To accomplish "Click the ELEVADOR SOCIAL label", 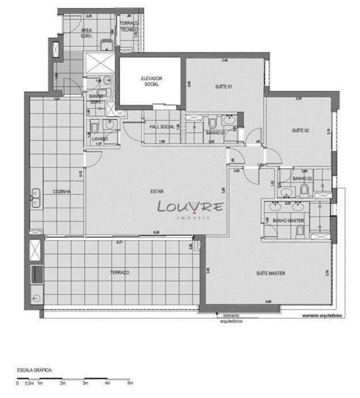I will pos(151,81).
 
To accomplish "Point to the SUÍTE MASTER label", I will pos(270,273).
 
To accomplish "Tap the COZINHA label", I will pos(62,191).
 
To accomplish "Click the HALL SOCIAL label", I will pos(162,127).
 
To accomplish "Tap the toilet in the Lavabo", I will pos(94,127).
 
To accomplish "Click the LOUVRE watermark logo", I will pos(190,207).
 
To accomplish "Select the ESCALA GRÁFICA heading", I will pos(35,370).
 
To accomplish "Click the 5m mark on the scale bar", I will pos(129,383).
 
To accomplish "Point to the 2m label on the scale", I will pos(62,383).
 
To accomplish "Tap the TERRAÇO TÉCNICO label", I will pos(129,27).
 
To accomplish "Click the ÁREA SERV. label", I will pos(87,33).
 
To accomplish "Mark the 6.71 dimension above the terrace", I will pos(119,242).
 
